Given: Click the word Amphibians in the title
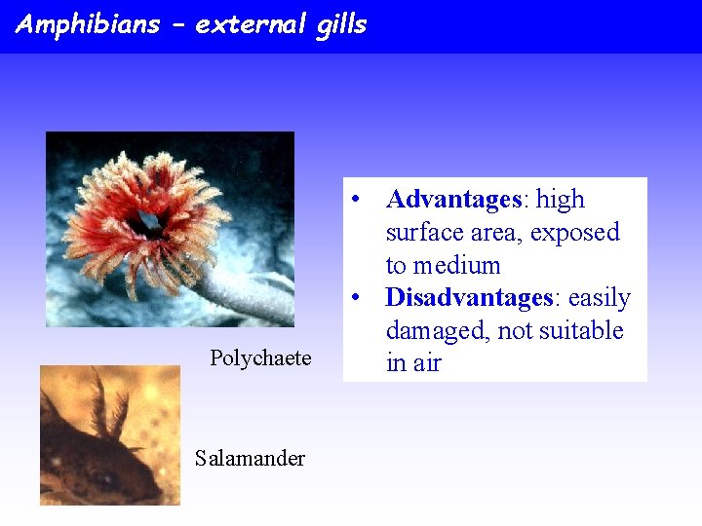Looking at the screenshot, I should (x=88, y=24).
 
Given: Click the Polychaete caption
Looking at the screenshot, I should (x=260, y=358).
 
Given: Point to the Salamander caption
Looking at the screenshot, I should (x=250, y=459).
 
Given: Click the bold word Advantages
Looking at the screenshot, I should (x=454, y=200).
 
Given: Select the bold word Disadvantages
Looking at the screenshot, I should (x=469, y=298).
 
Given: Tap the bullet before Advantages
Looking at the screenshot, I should (x=359, y=200).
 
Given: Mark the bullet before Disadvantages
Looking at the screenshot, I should (x=359, y=298).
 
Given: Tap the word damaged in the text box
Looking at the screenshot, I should (x=437, y=331).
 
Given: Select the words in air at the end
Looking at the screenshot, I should (x=413, y=364).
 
